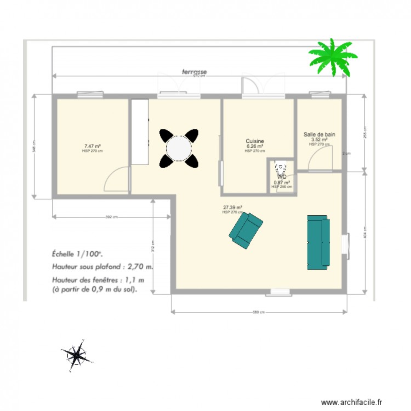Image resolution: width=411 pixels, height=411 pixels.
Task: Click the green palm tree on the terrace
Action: [x=333, y=56]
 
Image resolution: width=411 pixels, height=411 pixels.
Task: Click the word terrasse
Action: [x=195, y=71]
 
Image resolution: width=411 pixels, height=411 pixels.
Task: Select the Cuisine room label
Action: [x=255, y=141]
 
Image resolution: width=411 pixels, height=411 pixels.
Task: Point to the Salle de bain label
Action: [x=319, y=134]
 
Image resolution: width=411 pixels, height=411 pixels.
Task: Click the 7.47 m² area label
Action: [x=92, y=146]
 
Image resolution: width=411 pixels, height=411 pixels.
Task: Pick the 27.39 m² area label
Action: [x=232, y=208]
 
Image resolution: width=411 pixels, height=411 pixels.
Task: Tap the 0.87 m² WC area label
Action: [x=282, y=182]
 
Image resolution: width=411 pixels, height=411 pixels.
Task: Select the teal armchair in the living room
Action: [x=246, y=230]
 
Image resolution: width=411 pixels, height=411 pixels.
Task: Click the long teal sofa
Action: [x=318, y=242]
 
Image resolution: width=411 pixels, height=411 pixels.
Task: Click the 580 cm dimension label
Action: [x=259, y=312]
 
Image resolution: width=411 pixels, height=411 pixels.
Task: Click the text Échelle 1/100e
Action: [x=77, y=254]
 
